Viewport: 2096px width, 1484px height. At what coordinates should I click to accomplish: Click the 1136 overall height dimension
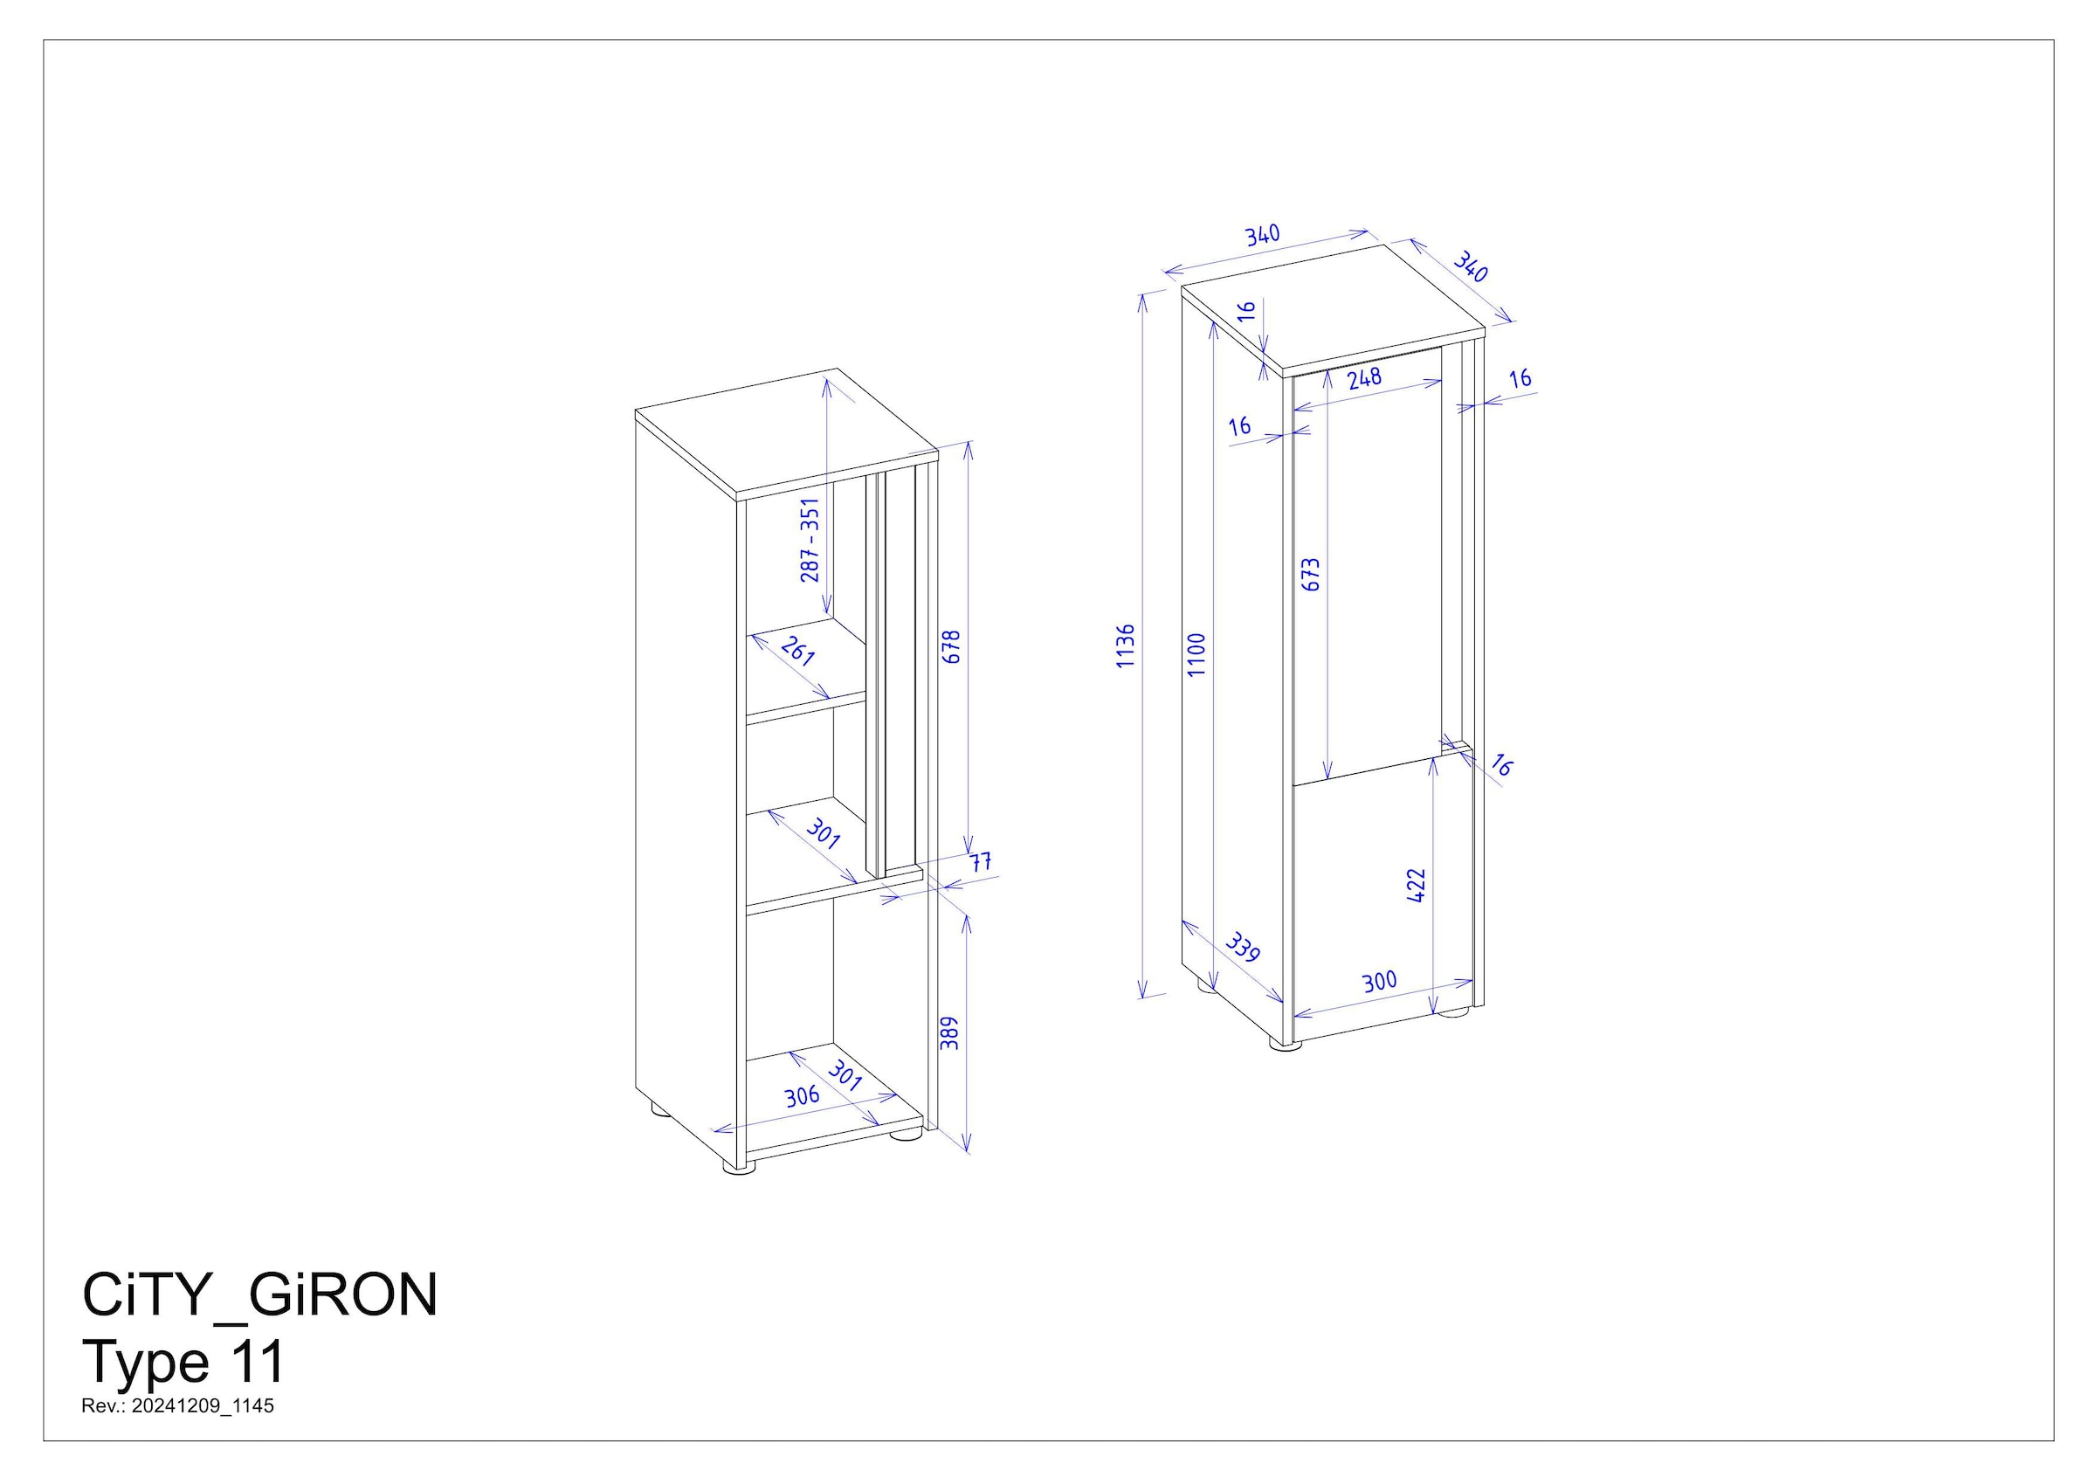click(x=1126, y=645)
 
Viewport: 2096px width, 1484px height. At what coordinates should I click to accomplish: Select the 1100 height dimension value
click(x=1197, y=654)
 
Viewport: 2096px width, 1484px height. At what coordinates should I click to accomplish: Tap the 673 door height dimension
click(x=1310, y=574)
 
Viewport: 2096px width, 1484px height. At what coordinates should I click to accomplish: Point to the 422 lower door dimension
click(x=1416, y=886)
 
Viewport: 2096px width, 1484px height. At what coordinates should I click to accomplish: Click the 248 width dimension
click(x=1364, y=377)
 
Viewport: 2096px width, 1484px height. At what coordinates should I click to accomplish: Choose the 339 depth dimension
click(x=1243, y=947)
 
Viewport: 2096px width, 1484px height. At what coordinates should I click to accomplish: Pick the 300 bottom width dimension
click(x=1379, y=982)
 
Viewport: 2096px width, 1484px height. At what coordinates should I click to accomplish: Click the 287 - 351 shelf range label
click(x=810, y=540)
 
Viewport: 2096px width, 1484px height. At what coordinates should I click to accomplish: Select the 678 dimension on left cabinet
click(x=951, y=646)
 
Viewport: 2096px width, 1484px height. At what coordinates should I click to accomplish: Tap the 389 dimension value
click(x=950, y=1032)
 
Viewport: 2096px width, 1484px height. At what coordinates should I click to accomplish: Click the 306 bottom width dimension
click(x=803, y=1095)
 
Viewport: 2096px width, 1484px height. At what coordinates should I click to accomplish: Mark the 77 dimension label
click(x=981, y=862)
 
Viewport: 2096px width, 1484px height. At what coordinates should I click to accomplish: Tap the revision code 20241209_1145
click(x=202, y=1405)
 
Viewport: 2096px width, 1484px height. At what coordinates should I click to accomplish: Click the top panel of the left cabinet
click(x=786, y=431)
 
